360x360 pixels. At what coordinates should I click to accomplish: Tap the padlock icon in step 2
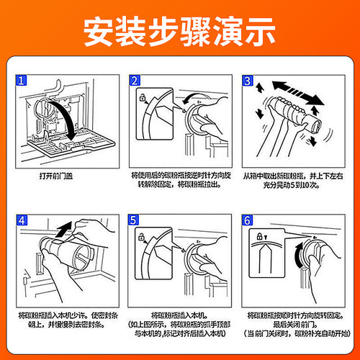[x=146, y=96]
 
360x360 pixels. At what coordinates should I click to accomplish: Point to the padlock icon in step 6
[x=259, y=235]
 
